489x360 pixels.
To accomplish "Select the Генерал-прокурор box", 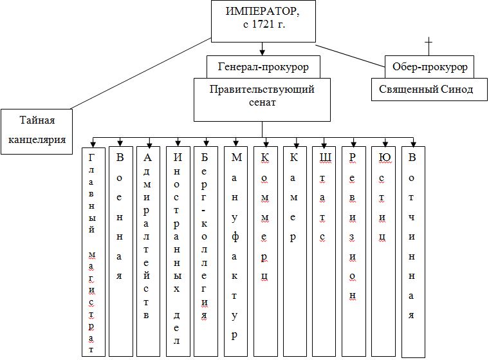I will pyautogui.click(x=263, y=67).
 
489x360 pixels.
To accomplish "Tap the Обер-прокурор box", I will pyautogui.click(x=429, y=67).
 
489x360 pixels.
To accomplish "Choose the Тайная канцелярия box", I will pyautogui.click(x=37, y=131).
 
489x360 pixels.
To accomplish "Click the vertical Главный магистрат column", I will pyautogui.click(x=93, y=251).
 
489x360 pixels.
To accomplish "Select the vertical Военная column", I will pyautogui.click(x=120, y=251).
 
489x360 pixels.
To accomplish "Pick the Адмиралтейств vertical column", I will pyautogui.click(x=148, y=251).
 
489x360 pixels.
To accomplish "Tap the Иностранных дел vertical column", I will pyautogui.click(x=177, y=251).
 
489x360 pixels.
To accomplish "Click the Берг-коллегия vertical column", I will pyautogui.click(x=205, y=251).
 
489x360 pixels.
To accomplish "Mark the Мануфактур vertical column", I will pyautogui.click(x=235, y=251).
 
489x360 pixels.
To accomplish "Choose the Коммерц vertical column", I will pyautogui.click(x=265, y=251).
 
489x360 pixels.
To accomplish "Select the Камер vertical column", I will pyautogui.click(x=294, y=251).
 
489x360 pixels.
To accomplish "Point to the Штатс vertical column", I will pyautogui.click(x=323, y=251).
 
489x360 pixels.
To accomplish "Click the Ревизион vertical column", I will pyautogui.click(x=353, y=251).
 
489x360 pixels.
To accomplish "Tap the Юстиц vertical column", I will pyautogui.click(x=383, y=251).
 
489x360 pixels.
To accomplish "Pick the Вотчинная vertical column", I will pyautogui.click(x=412, y=251).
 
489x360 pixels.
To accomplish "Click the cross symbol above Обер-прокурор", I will pyautogui.click(x=429, y=44).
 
